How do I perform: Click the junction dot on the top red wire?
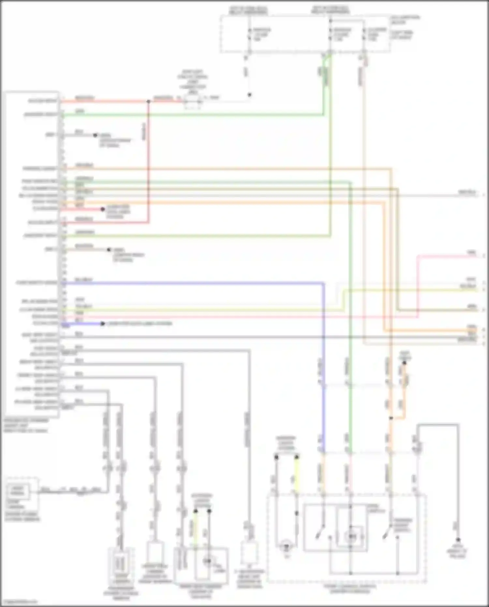coord(148,102)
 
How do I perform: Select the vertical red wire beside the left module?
coord(149,163)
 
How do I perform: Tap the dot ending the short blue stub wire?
coord(102,324)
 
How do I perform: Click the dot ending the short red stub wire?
coord(102,209)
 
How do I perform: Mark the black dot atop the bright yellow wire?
coord(297,458)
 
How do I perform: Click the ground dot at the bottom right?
coord(458,540)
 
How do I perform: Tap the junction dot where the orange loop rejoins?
coord(391,418)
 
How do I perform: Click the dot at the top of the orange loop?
coord(404,363)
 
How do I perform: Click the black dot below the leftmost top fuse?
coord(249,95)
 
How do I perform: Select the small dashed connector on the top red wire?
coord(192,102)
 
